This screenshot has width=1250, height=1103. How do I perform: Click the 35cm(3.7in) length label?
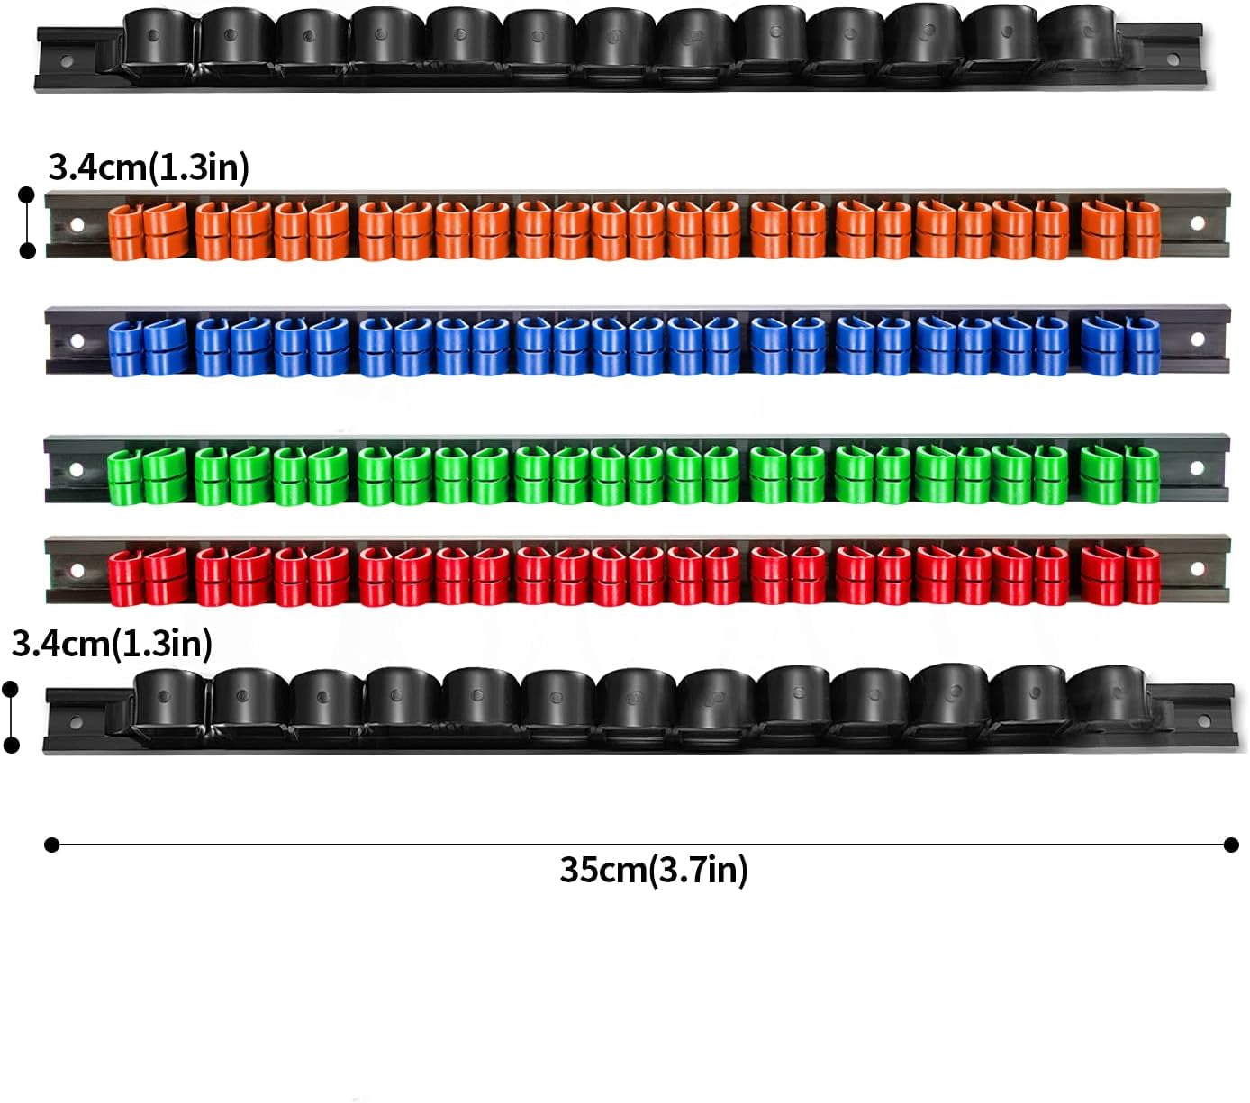(x=654, y=870)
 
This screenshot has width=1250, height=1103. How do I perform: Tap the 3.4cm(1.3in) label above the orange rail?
(x=149, y=167)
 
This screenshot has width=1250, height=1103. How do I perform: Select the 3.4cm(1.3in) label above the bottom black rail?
(x=113, y=644)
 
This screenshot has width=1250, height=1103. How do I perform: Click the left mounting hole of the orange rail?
(x=77, y=224)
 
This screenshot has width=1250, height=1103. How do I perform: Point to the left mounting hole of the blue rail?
(x=77, y=340)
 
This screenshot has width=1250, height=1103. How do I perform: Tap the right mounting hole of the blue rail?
(x=1198, y=339)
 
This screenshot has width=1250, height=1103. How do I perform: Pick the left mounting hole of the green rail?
(x=77, y=469)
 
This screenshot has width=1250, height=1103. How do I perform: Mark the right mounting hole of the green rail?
(x=1198, y=468)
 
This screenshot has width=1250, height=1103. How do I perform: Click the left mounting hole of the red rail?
(x=77, y=570)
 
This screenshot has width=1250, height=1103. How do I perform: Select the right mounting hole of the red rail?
(x=1198, y=569)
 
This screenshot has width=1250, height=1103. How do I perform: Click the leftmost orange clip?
(x=125, y=233)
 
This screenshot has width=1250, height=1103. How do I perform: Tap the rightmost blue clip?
(x=1143, y=347)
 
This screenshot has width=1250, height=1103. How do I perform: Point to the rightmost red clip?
(x=1143, y=576)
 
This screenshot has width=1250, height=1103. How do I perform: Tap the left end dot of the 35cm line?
(x=52, y=845)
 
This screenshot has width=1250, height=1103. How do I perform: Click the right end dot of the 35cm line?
(x=1231, y=845)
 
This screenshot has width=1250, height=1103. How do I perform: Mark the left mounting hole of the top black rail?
(x=65, y=61)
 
